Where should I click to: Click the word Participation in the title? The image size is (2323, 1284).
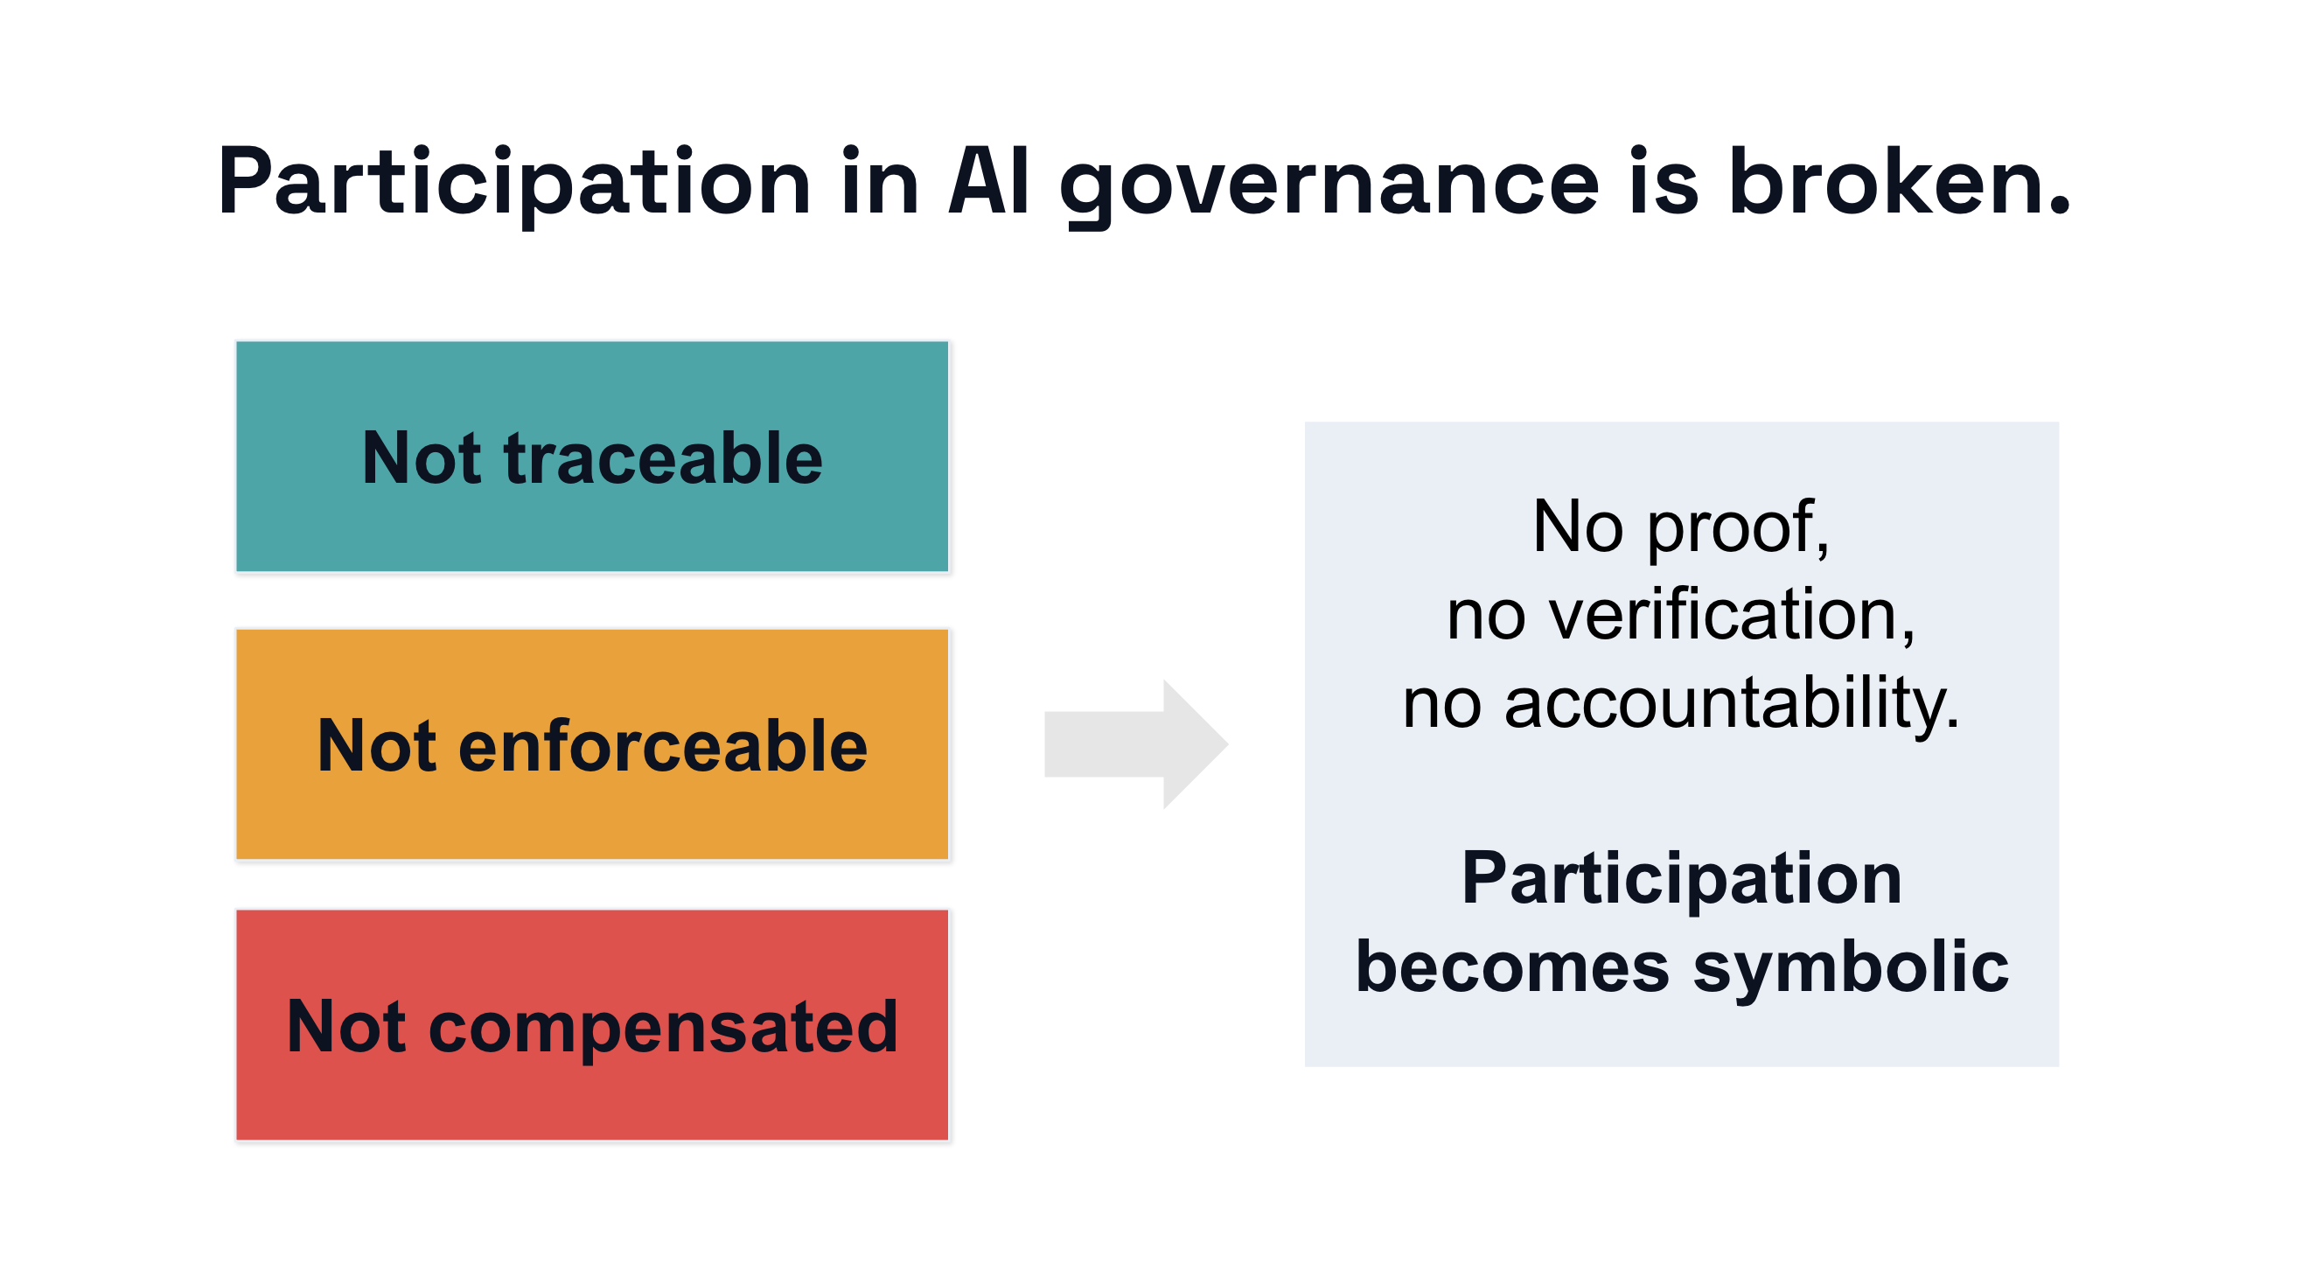click(514, 183)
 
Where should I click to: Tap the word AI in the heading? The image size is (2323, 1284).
click(988, 183)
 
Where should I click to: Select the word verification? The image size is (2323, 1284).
click(1732, 615)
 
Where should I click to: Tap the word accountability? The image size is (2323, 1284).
click(1732, 703)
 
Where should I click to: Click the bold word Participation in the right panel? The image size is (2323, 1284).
click(1682, 879)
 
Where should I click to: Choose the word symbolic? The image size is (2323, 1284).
click(1851, 966)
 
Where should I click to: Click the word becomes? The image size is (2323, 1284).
click(1512, 966)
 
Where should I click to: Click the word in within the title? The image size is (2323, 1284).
click(879, 183)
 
